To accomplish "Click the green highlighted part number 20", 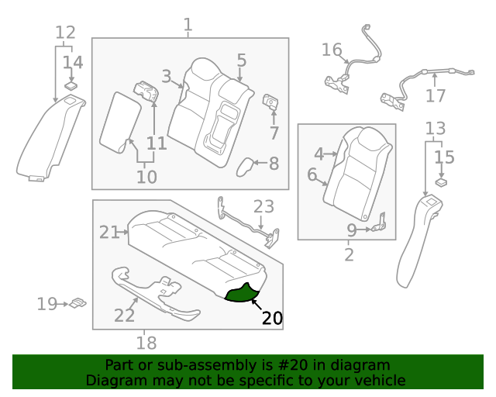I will [242, 294].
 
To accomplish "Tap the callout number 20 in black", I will [272, 318].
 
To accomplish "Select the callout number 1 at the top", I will [188, 25].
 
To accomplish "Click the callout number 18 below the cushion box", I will [146, 342].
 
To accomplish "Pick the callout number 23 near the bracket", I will [263, 206].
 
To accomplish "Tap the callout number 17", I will [436, 96].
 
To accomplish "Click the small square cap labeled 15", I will [441, 183].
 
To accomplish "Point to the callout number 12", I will [65, 33].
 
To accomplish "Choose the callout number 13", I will [436, 128].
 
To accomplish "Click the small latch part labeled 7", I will [272, 101].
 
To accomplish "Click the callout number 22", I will [124, 315].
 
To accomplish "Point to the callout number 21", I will [109, 231].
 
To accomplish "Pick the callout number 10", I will [146, 177].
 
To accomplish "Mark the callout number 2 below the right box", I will [348, 254].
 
